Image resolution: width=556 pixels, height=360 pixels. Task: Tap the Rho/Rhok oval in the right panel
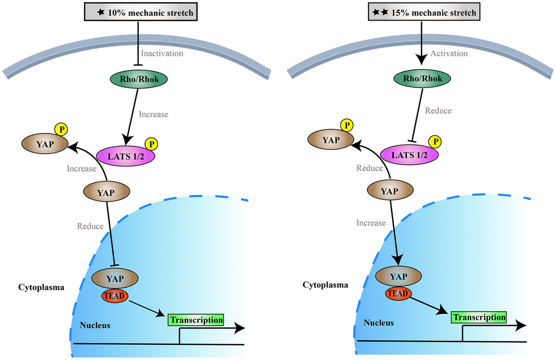pos(423,78)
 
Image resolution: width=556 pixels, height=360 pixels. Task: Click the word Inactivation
pos(162,53)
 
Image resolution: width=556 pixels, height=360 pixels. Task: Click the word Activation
pos(449,53)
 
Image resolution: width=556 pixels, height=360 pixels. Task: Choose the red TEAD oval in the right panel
pos(398,293)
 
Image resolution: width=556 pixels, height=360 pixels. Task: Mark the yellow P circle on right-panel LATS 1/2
pos(435,142)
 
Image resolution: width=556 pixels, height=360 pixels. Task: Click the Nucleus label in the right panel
pos(378,322)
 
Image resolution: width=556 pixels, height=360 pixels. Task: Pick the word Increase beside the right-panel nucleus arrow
pos(371,223)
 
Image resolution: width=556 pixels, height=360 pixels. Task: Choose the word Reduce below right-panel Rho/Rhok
pos(438,111)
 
